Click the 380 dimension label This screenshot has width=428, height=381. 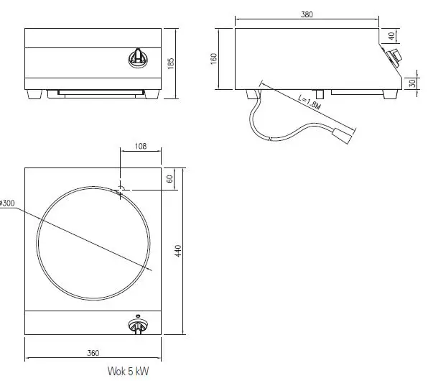coord(307,14)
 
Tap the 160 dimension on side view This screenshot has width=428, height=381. coord(214,58)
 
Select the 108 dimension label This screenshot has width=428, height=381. coord(141,147)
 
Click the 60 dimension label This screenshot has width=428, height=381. coord(170,179)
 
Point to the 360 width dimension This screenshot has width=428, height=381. coord(93,354)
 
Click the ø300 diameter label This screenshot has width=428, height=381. coord(9,204)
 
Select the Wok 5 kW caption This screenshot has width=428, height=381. coord(129,372)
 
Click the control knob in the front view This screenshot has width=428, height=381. coord(136,57)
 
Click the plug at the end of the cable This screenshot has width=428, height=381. coord(343,134)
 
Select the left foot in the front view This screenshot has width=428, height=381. coord(33,93)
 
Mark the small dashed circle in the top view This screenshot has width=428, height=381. coord(121,189)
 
